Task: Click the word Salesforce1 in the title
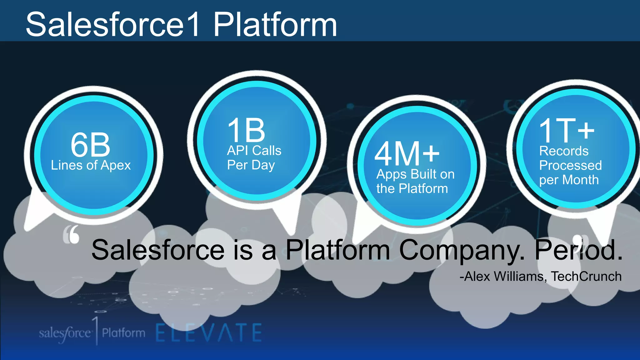coord(112,24)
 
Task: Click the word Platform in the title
coord(275,24)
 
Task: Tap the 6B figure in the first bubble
coord(90,145)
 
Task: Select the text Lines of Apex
coord(91,165)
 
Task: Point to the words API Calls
coord(254,151)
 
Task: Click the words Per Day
coord(251,165)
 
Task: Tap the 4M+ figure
coord(407,154)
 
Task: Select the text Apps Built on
coord(415,174)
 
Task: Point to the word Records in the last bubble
coord(564,151)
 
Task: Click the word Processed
coord(570,165)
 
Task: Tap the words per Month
coord(569,180)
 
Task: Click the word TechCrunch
coord(586,277)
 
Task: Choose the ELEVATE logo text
coord(209,333)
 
